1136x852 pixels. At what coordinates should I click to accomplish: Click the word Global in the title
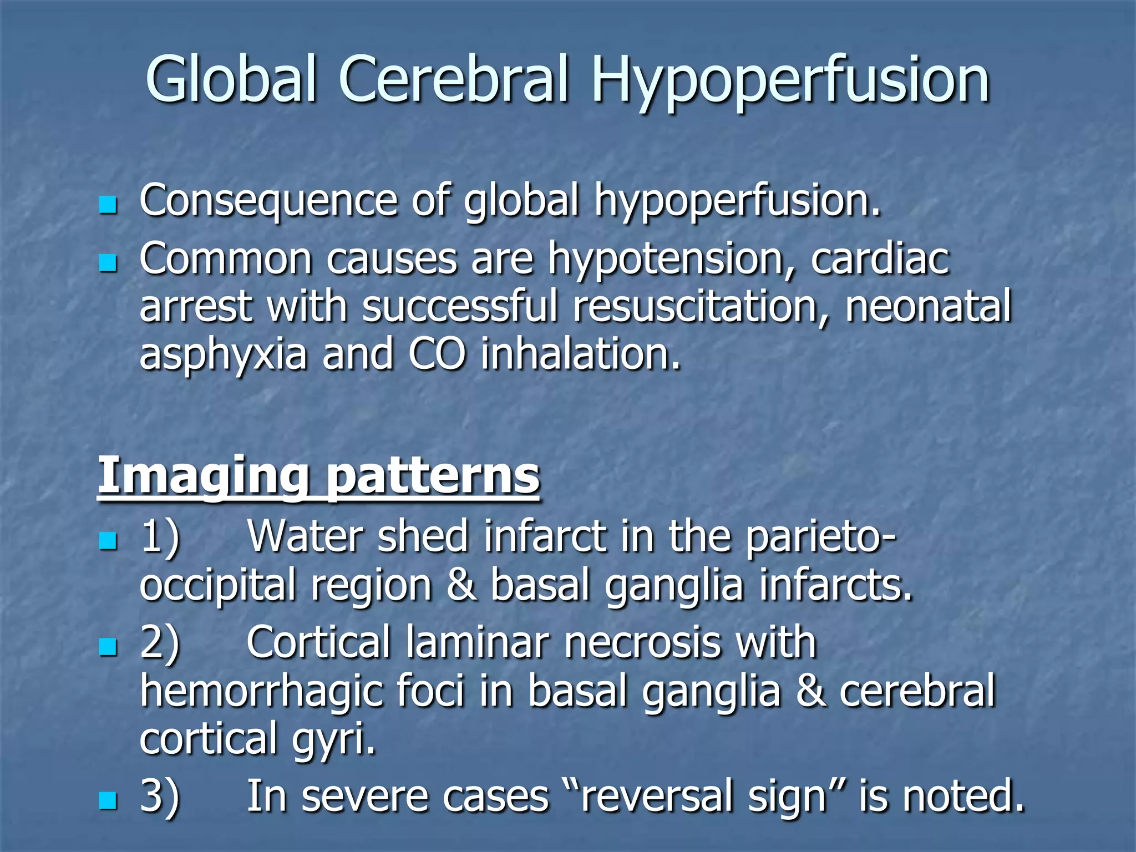[231, 80]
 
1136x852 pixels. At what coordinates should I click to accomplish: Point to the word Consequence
[268, 201]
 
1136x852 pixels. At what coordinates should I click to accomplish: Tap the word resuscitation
[702, 307]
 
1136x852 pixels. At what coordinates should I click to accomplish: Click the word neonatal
[928, 307]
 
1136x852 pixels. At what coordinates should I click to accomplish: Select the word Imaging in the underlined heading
[202, 477]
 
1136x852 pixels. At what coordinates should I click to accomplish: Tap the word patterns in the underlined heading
[432, 477]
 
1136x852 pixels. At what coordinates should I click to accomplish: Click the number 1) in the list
[160, 537]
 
